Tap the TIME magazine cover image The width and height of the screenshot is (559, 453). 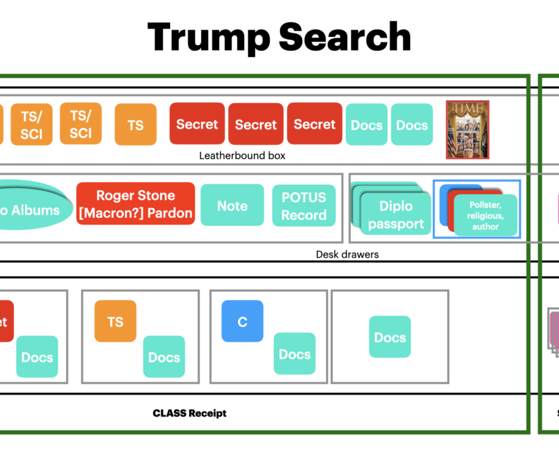pos(467,129)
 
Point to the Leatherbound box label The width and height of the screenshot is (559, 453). pos(242,156)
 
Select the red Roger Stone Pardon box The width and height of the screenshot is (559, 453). pos(136,204)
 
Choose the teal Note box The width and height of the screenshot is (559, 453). pos(232,206)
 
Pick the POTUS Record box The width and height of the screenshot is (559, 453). pos(304,206)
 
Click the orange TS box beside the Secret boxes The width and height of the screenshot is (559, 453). pos(136,125)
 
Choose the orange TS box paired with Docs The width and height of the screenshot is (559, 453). pos(115,321)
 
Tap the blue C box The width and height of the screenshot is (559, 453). pos(242,321)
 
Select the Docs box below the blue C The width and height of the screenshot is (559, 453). pos(294,354)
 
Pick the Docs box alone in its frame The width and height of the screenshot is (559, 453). pos(390,337)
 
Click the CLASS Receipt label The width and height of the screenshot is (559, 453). pos(189,413)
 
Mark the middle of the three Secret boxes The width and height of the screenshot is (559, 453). pos(256,125)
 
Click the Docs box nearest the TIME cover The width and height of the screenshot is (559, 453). pos(411,125)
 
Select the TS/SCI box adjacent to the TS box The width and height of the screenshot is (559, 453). pos(81,124)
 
